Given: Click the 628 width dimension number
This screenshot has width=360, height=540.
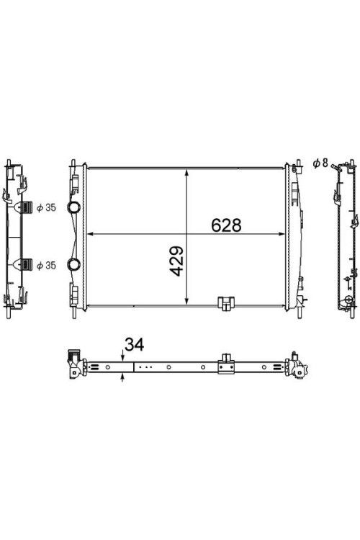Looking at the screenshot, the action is pyautogui.click(x=226, y=225).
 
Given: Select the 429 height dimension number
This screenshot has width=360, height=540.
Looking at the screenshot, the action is pyautogui.click(x=176, y=261).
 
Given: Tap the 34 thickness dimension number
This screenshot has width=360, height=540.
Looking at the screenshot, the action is pyautogui.click(x=135, y=344).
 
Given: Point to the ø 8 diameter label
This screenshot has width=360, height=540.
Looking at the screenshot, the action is pyautogui.click(x=320, y=163).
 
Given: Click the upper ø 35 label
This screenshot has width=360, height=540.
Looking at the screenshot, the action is pyautogui.click(x=46, y=207).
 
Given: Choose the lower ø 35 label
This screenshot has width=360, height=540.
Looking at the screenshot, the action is pyautogui.click(x=46, y=266).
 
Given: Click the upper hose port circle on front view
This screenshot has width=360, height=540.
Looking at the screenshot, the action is pyautogui.click(x=73, y=207).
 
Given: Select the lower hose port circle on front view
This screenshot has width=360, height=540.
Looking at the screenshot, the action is pyautogui.click(x=73, y=264).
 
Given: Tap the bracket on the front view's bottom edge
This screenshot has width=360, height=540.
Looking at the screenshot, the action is pyautogui.click(x=226, y=303).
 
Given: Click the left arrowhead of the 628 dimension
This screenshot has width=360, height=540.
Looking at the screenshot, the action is pyautogui.click(x=91, y=234).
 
